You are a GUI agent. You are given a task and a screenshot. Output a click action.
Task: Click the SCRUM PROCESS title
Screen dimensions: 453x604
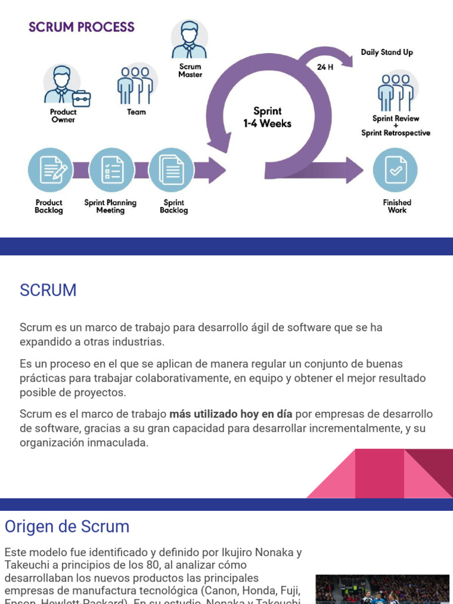(x=81, y=27)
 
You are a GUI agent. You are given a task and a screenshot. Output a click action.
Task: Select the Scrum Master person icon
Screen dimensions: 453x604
(x=189, y=39)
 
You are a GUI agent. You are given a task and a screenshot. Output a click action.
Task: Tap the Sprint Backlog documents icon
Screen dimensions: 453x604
(x=172, y=170)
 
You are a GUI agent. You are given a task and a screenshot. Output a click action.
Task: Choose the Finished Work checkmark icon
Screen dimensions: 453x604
(x=395, y=170)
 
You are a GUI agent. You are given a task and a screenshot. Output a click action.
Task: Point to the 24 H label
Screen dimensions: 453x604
(x=325, y=67)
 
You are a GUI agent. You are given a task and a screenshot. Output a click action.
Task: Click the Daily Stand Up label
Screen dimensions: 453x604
(x=387, y=52)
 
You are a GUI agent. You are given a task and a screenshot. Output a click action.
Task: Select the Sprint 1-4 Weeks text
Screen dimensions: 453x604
(x=267, y=117)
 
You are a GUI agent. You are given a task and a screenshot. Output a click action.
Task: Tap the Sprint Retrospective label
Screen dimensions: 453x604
(x=396, y=133)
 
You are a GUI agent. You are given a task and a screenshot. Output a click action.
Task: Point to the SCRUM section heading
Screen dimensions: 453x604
(x=48, y=290)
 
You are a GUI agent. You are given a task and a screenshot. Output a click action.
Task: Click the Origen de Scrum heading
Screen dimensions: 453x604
(x=67, y=526)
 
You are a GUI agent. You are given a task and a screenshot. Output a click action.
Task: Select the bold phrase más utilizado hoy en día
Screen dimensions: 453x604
(x=231, y=414)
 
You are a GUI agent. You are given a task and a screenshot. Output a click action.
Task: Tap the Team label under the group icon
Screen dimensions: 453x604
(x=136, y=112)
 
